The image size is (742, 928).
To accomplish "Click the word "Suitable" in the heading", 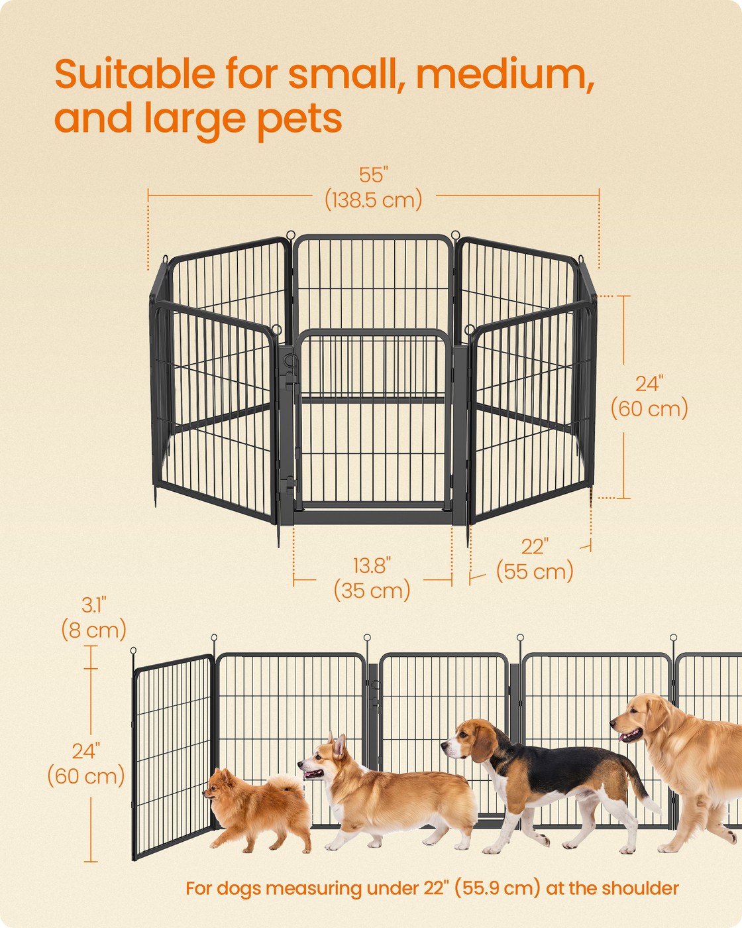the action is click(x=135, y=74).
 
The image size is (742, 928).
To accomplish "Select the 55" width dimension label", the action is click(x=374, y=175).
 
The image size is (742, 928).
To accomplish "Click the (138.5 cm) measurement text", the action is click(x=374, y=200).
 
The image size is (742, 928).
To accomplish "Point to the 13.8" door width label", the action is click(x=372, y=566).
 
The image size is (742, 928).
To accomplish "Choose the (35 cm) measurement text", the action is click(x=372, y=590).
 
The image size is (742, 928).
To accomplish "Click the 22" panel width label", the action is click(x=535, y=547).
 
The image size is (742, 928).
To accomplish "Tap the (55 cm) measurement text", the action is click(x=535, y=571).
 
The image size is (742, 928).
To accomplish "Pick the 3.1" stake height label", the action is click(x=94, y=605).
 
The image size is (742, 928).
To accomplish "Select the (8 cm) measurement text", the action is click(x=94, y=630).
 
